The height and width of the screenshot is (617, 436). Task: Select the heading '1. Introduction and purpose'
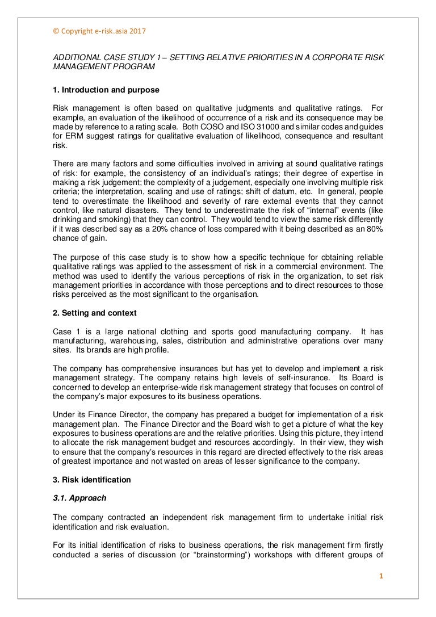[x=106, y=90]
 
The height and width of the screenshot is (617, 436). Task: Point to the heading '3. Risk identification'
[x=92, y=480]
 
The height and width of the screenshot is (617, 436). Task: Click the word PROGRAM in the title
[x=133, y=66]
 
